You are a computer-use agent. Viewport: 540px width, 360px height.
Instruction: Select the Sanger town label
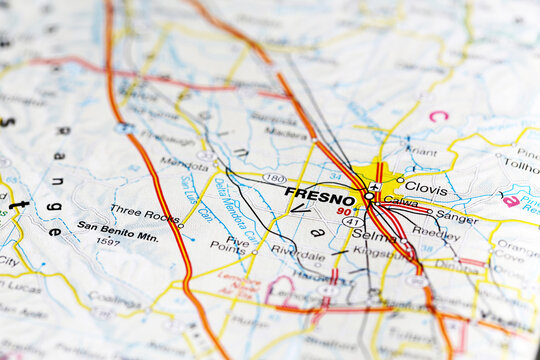coord(457,215)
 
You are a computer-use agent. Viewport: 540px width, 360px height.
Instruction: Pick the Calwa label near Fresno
coord(401,201)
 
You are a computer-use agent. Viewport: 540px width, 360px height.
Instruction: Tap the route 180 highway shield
coord(274,178)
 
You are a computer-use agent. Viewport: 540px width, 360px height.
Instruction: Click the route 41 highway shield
coord(350,221)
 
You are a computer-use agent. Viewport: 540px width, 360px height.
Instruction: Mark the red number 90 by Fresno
coord(344,211)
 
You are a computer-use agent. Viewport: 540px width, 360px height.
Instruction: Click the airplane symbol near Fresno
coord(374,186)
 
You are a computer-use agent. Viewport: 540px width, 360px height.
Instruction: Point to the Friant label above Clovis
coord(421,151)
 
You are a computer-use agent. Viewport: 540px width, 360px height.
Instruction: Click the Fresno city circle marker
coord(368,196)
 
